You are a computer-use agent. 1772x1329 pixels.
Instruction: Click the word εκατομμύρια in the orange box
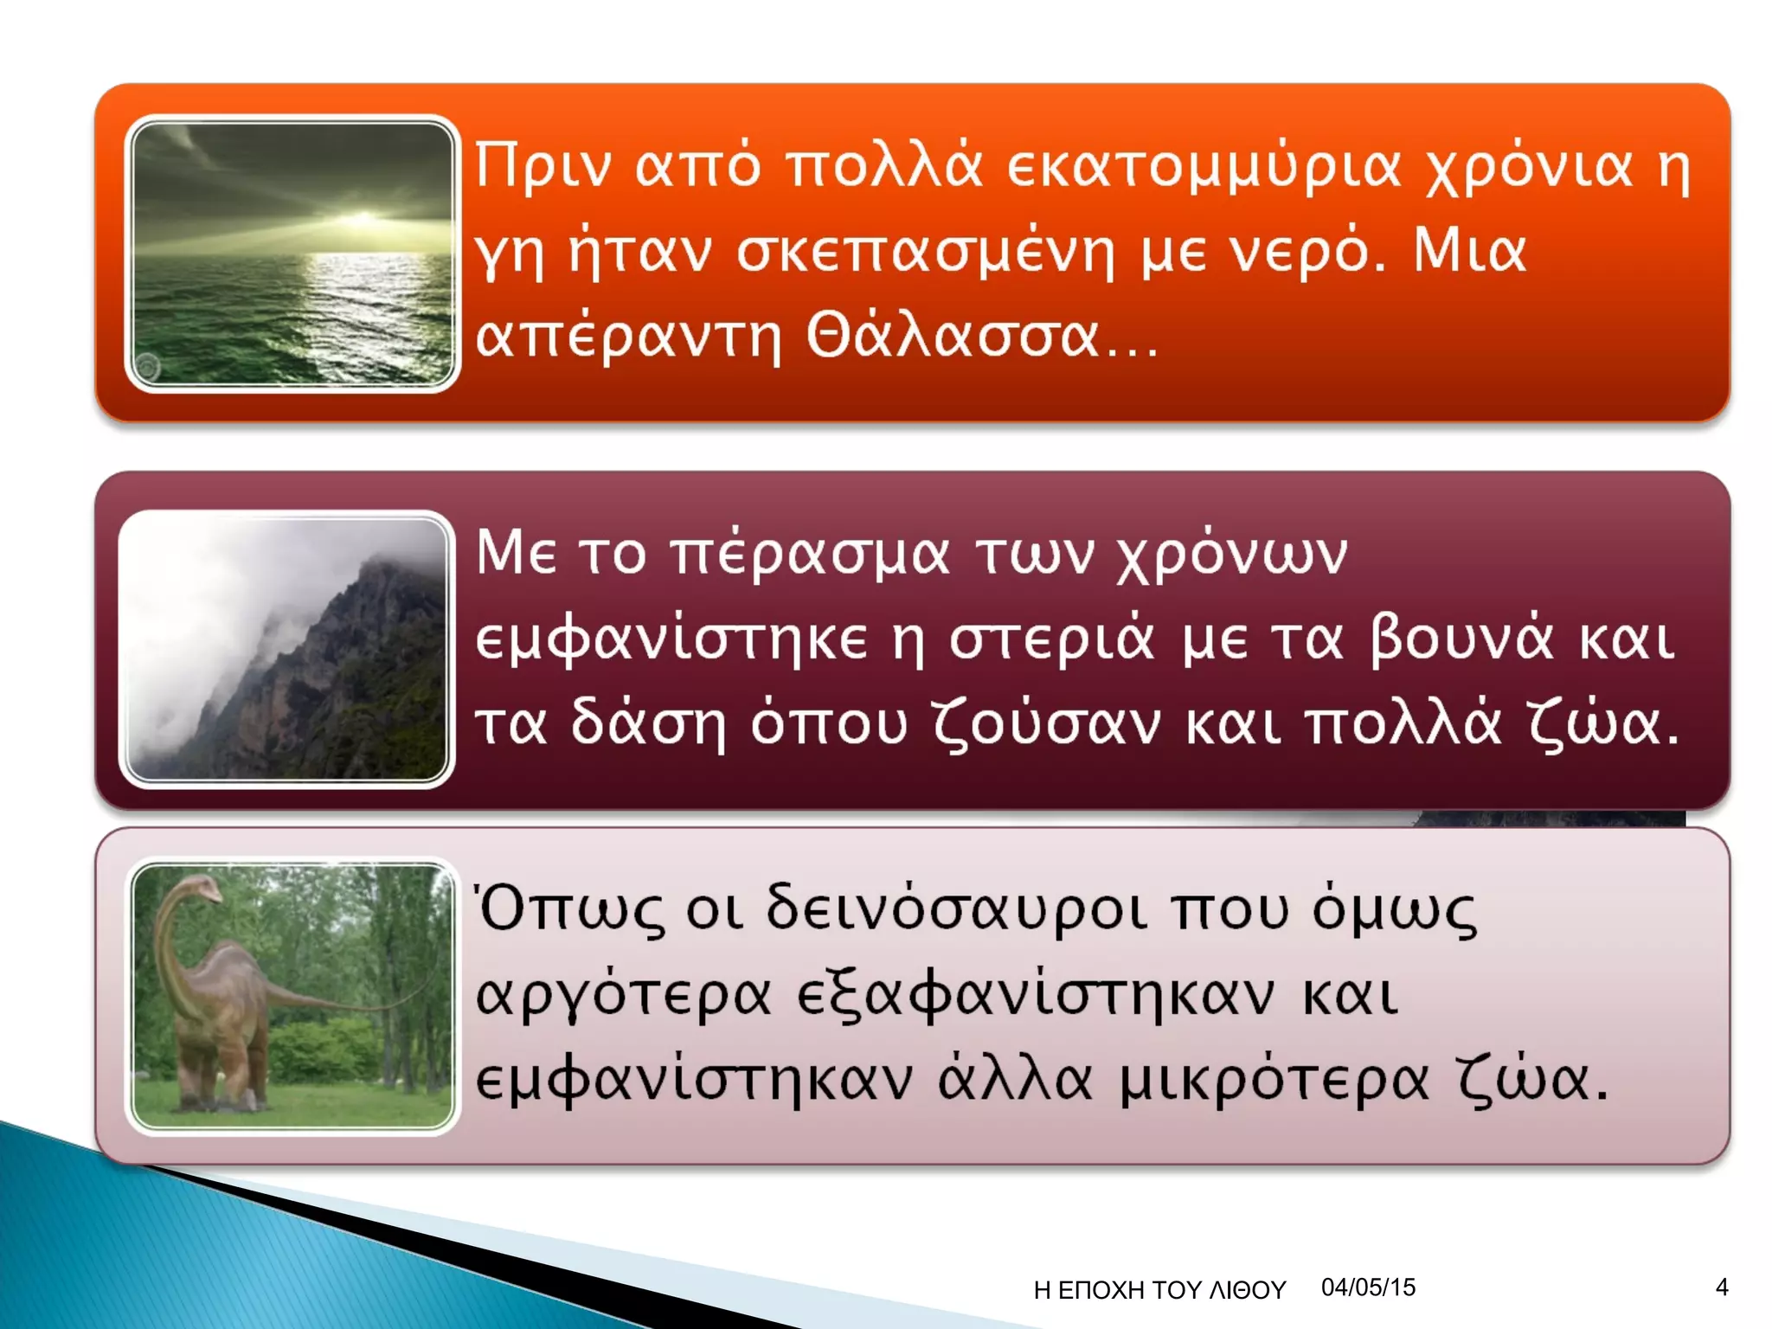click(1203, 166)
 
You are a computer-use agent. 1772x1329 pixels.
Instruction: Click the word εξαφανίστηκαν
click(1034, 995)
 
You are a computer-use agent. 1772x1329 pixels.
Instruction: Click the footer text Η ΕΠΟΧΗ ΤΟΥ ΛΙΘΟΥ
click(1159, 1290)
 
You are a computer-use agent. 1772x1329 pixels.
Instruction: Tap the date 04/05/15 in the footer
click(1368, 1287)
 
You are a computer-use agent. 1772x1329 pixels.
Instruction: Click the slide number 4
click(1722, 1287)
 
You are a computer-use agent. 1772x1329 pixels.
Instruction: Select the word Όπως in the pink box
click(571, 908)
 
